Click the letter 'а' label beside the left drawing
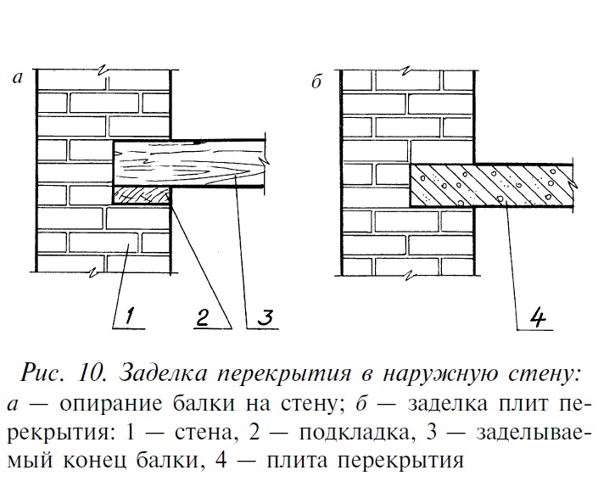pos(17,79)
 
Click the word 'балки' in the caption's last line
pos(199,462)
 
